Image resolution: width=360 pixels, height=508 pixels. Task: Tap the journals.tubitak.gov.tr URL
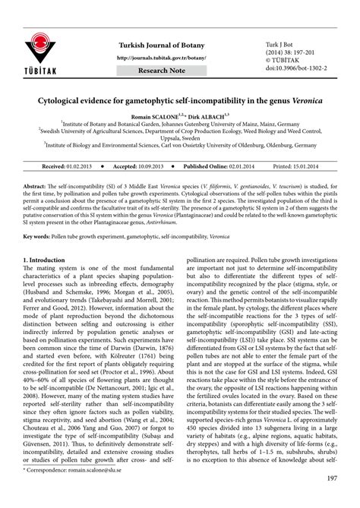(x=162, y=58)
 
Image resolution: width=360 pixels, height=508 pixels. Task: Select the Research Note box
(x=161, y=71)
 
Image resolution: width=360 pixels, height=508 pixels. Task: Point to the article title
(x=179, y=99)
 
